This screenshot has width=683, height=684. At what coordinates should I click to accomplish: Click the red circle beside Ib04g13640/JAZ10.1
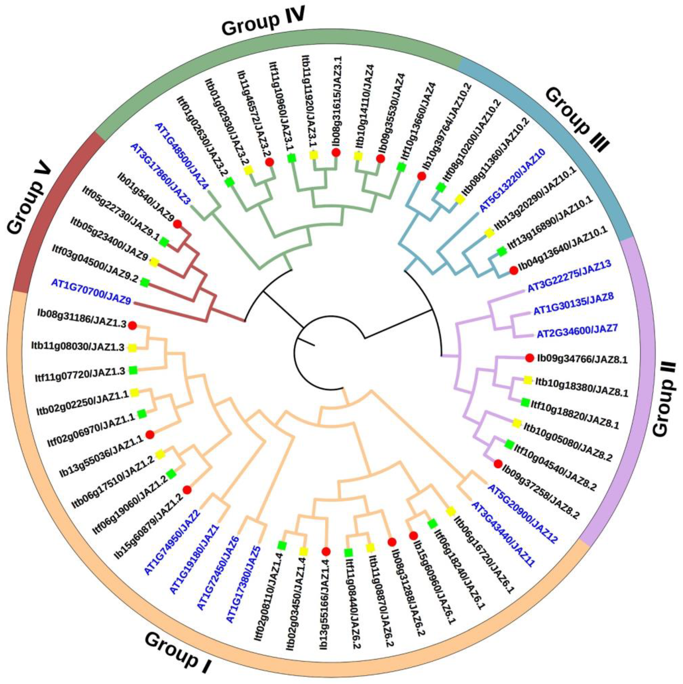click(513, 270)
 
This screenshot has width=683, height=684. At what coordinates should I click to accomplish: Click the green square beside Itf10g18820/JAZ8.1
click(525, 402)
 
